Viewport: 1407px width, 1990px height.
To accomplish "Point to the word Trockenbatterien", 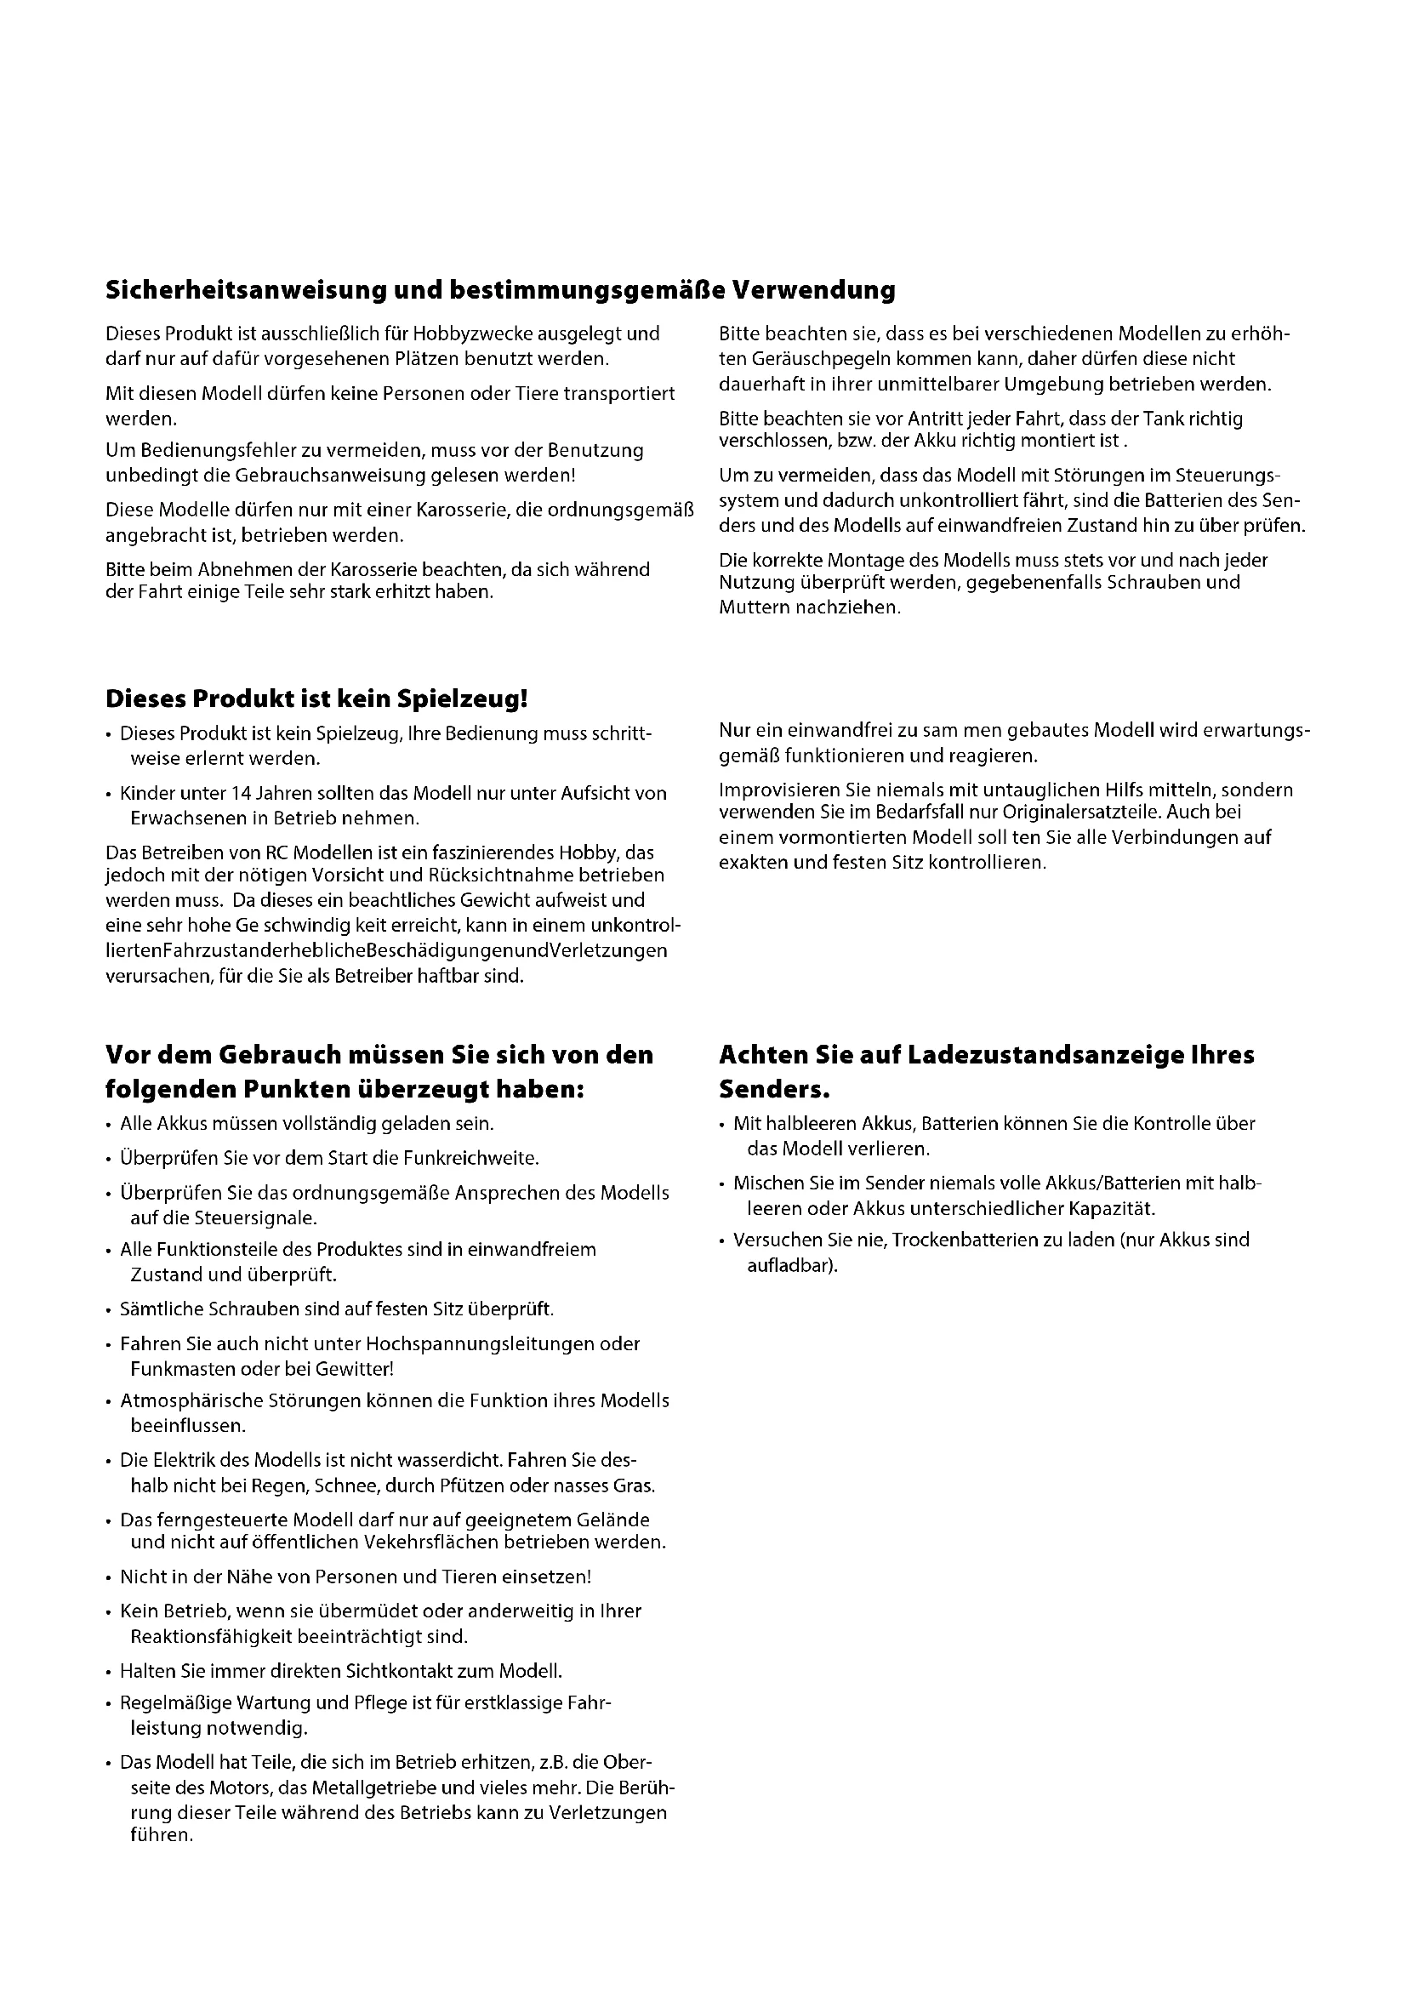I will (964, 1240).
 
